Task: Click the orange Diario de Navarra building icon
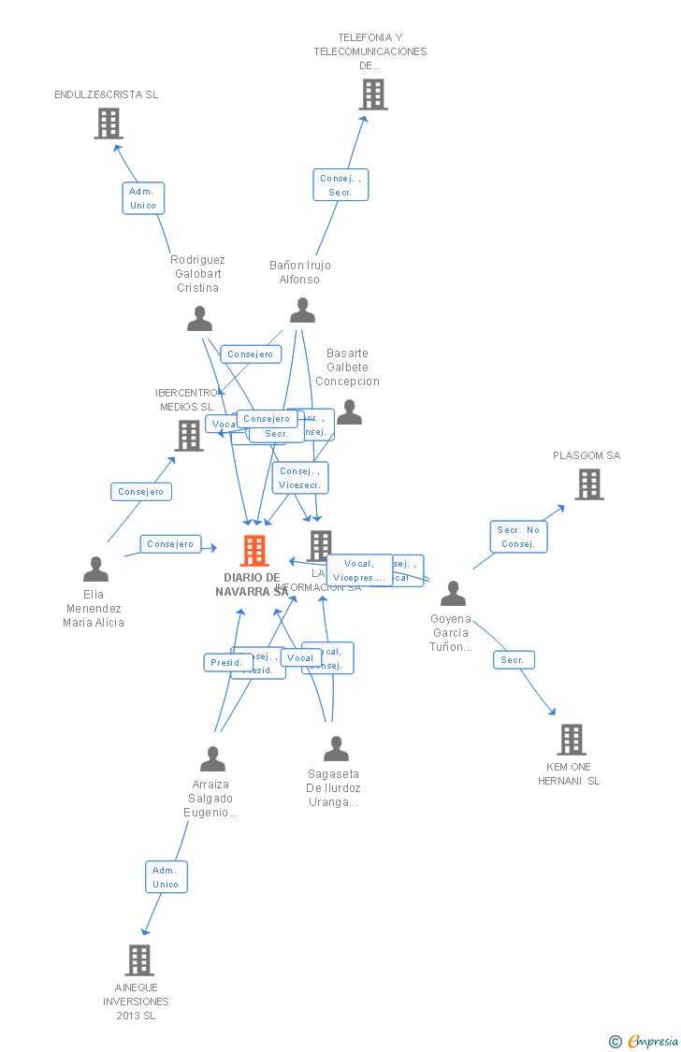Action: point(254,551)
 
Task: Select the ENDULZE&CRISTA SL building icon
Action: point(109,123)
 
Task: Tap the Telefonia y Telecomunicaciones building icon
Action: point(373,94)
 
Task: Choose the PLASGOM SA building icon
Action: point(588,484)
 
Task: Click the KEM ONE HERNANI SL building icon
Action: point(572,739)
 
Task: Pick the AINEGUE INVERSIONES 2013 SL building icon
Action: point(139,959)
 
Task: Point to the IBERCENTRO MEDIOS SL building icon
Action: point(189,435)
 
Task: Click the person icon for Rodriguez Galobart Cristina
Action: point(199,319)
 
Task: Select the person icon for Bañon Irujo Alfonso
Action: point(302,310)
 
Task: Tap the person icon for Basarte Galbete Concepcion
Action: point(349,411)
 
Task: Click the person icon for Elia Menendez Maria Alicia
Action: point(95,569)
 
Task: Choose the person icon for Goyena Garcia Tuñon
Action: point(453,593)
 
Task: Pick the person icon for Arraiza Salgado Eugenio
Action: point(212,758)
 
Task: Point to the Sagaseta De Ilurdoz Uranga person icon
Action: point(336,748)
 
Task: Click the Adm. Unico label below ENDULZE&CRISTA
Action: point(143,198)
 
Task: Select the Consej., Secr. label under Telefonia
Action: point(340,185)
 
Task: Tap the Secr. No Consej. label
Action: point(518,537)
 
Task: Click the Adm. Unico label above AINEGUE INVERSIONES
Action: point(166,877)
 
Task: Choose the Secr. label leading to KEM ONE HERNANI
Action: point(513,660)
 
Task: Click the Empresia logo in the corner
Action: point(645,1041)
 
